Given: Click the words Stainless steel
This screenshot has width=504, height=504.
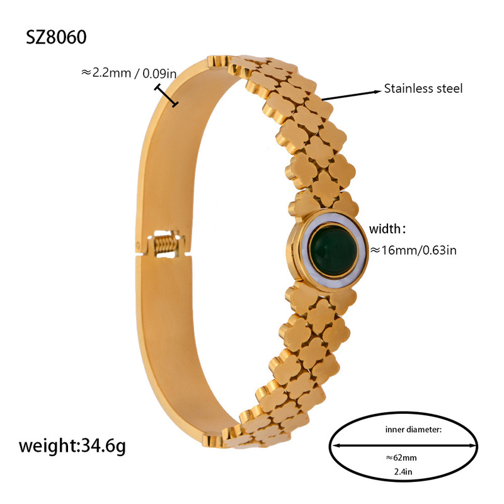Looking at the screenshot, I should point(423,89).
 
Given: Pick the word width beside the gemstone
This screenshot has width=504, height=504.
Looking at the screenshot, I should point(389,227).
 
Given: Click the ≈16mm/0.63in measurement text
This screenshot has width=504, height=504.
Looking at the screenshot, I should point(413,250).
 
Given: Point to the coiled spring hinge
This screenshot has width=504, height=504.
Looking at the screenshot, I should point(165,243).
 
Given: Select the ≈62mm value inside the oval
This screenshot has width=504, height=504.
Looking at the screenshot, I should point(402,458).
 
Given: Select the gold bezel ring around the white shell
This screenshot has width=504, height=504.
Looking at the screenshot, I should point(297,265).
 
